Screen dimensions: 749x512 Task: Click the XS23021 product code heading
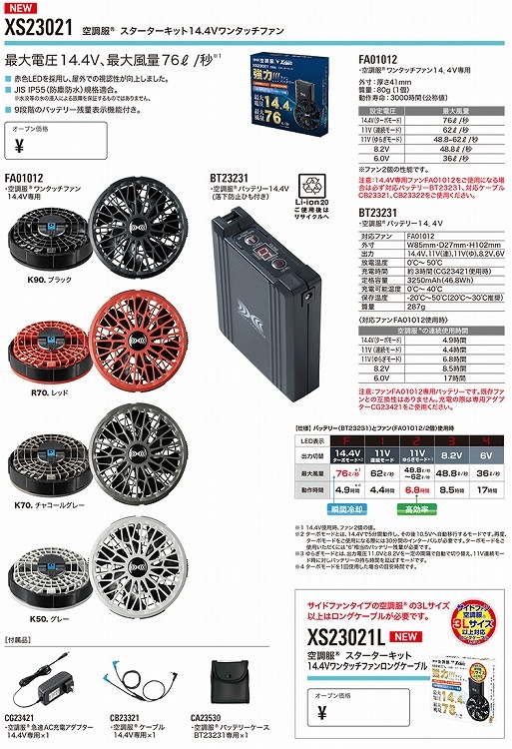pyautogui.click(x=37, y=30)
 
